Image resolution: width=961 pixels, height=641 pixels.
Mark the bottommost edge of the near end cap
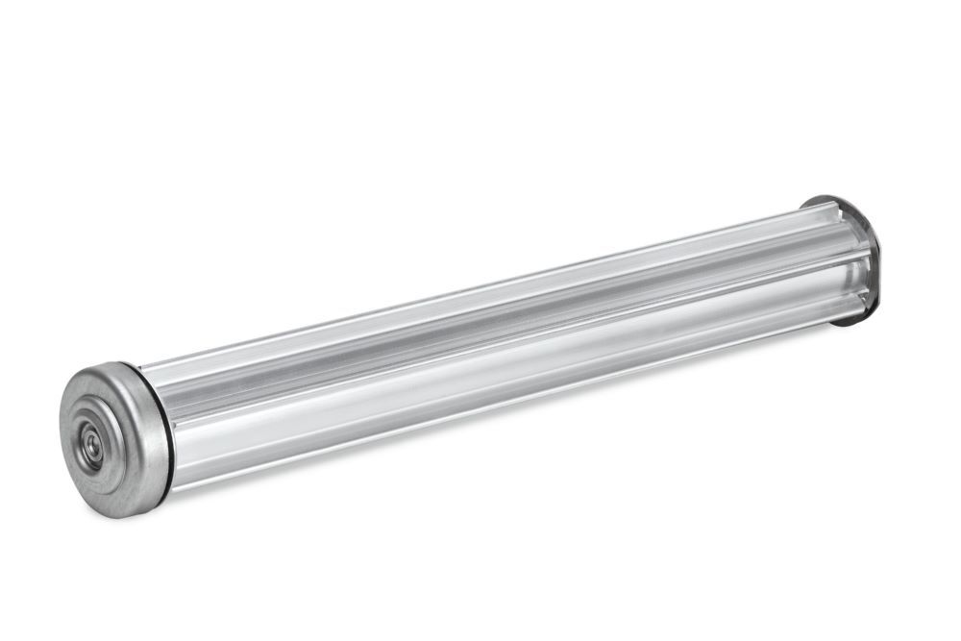click(x=125, y=517)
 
